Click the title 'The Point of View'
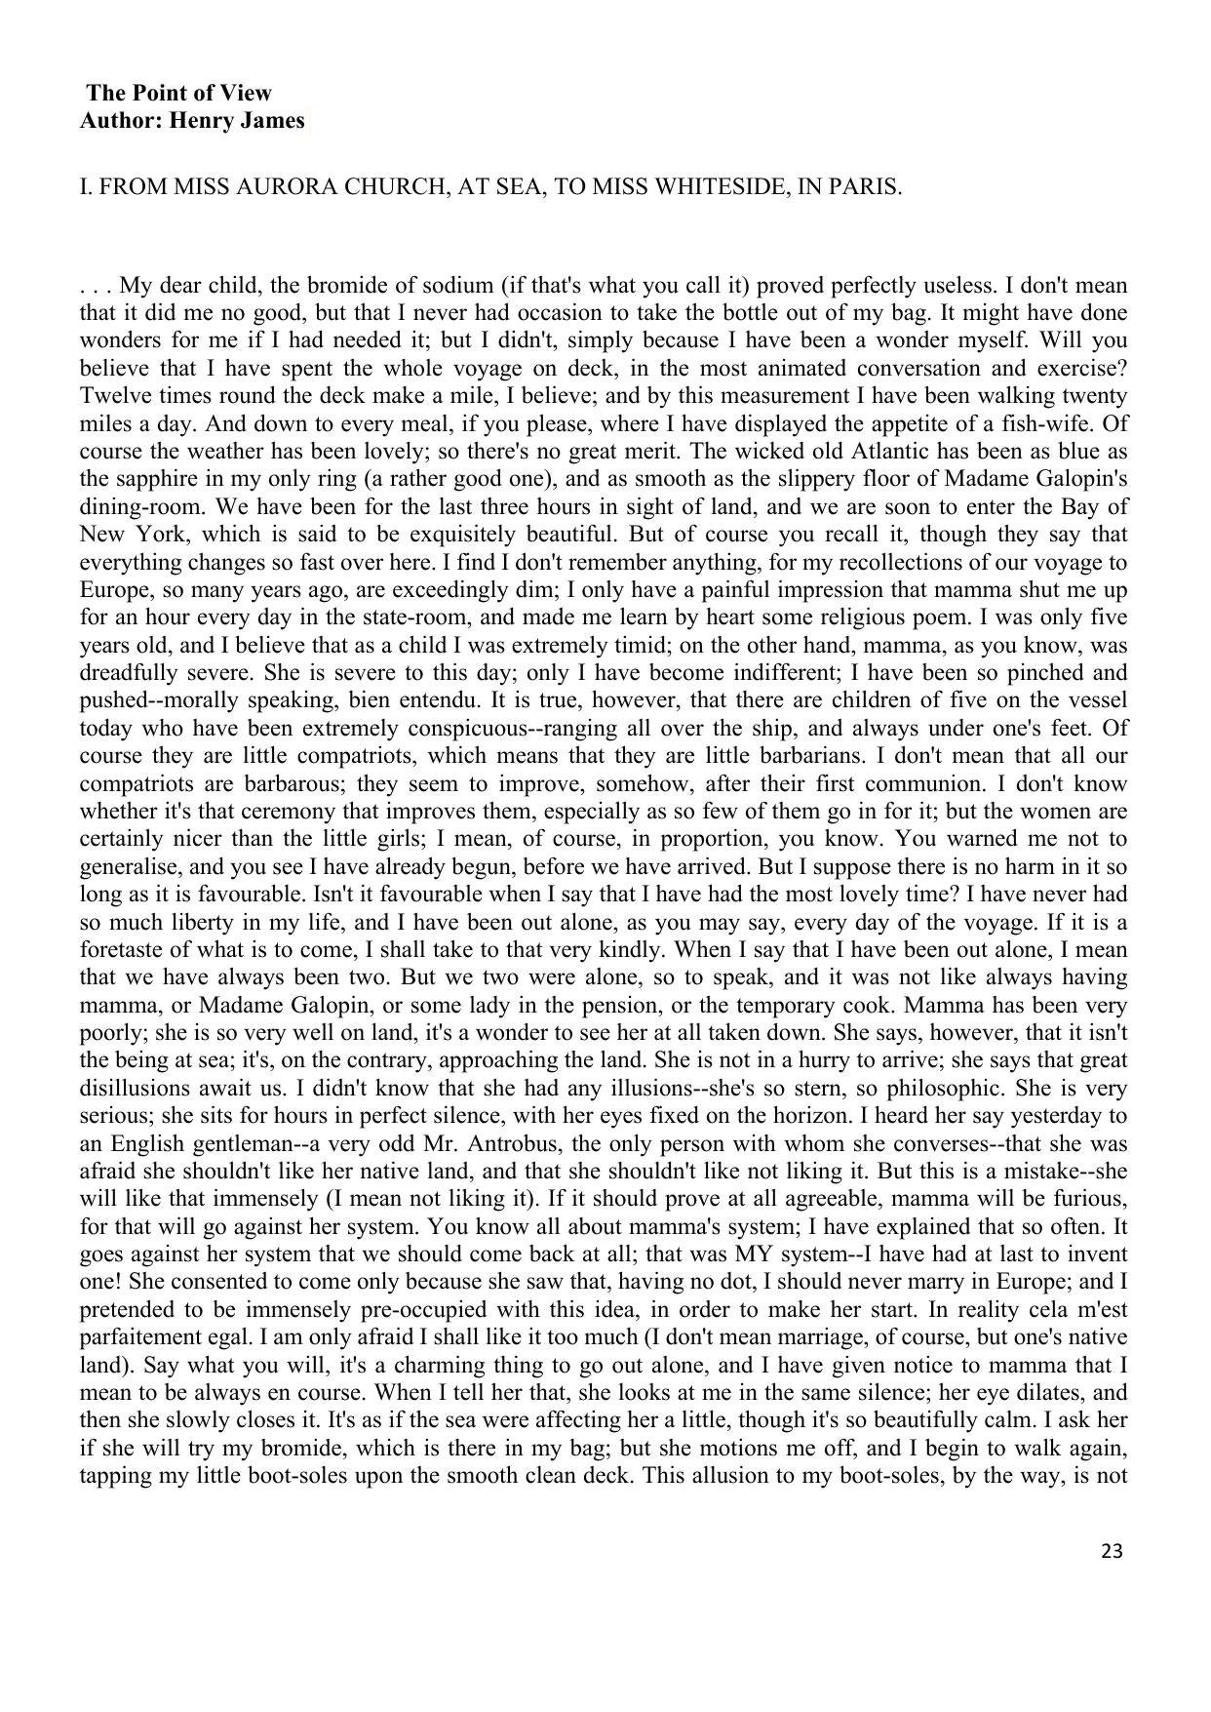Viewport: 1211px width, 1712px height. coord(179,94)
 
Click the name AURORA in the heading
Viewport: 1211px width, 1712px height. coord(275,187)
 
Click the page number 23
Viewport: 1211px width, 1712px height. coord(1112,1550)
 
